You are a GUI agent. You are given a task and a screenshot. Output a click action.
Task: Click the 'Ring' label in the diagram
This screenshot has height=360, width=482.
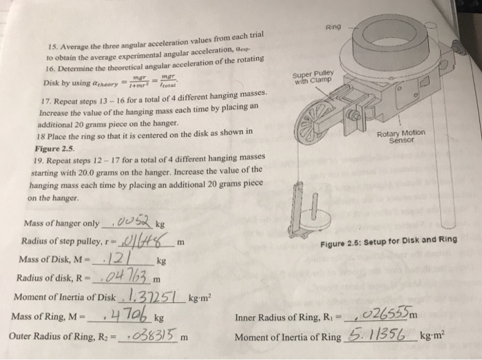pos(333,28)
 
